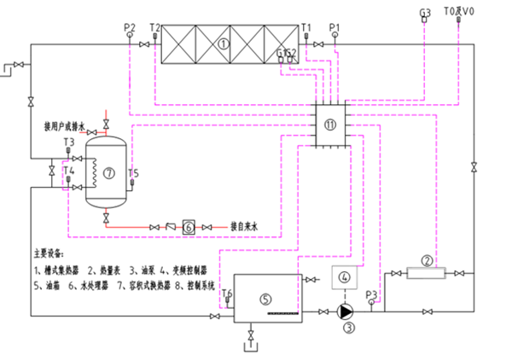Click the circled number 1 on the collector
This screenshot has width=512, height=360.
[223, 41]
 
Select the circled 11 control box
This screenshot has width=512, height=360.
[330, 125]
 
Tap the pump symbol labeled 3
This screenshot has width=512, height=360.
[346, 312]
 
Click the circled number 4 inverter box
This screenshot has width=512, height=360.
[345, 278]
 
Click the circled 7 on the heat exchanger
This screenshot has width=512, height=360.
[108, 172]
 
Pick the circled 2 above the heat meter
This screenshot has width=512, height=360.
[428, 261]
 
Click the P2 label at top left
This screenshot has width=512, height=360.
[129, 27]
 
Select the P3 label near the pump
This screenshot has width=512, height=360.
[370, 294]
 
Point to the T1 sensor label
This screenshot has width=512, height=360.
[306, 27]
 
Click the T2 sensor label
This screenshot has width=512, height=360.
[154, 27]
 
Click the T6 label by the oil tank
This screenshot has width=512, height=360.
[227, 293]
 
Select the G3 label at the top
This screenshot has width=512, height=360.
[426, 12]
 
